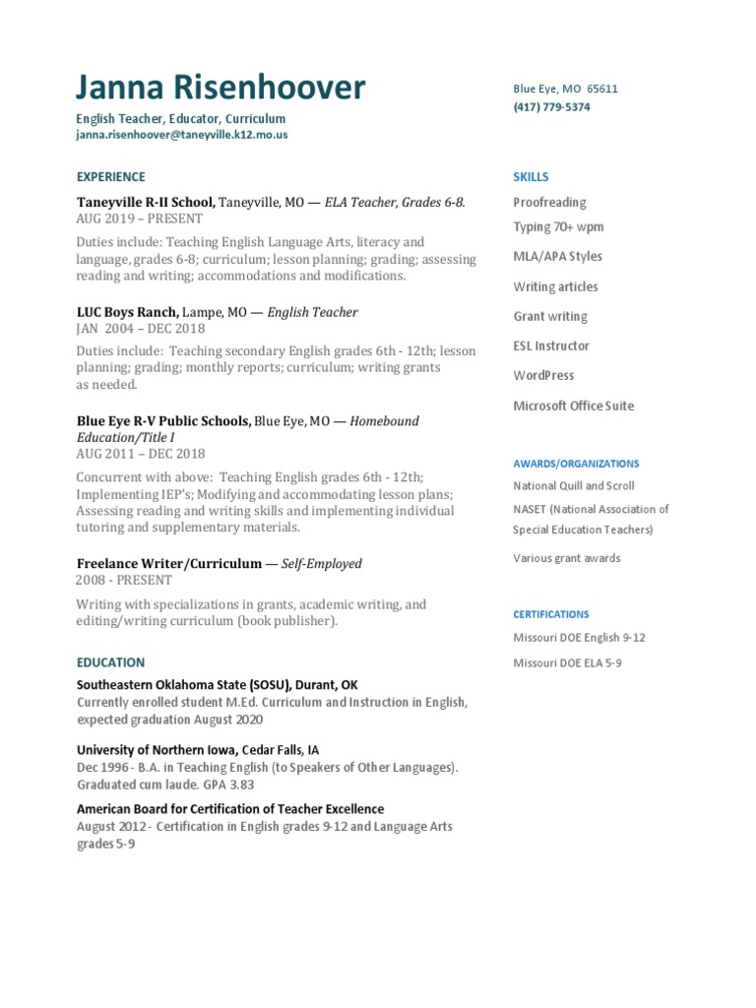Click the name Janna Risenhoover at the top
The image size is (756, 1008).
220,89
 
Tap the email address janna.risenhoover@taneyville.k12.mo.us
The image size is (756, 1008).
182,135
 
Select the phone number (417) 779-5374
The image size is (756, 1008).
551,107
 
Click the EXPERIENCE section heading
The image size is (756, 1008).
110,177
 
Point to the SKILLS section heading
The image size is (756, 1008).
531,177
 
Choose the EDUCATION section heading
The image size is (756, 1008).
110,662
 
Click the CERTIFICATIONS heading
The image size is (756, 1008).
550,614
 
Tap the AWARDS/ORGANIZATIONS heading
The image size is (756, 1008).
576,464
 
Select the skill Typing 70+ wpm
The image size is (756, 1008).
558,227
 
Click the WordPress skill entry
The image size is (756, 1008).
543,376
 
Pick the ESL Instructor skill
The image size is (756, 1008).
551,346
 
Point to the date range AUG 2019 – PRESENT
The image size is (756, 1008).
139,219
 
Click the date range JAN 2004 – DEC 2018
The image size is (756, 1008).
141,329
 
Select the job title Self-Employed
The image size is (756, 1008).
322,564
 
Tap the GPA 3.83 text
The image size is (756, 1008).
226,785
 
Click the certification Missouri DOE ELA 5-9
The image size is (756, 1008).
567,663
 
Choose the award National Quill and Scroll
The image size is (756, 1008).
573,486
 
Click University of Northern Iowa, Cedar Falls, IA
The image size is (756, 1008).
198,749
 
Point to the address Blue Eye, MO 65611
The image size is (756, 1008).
565,89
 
